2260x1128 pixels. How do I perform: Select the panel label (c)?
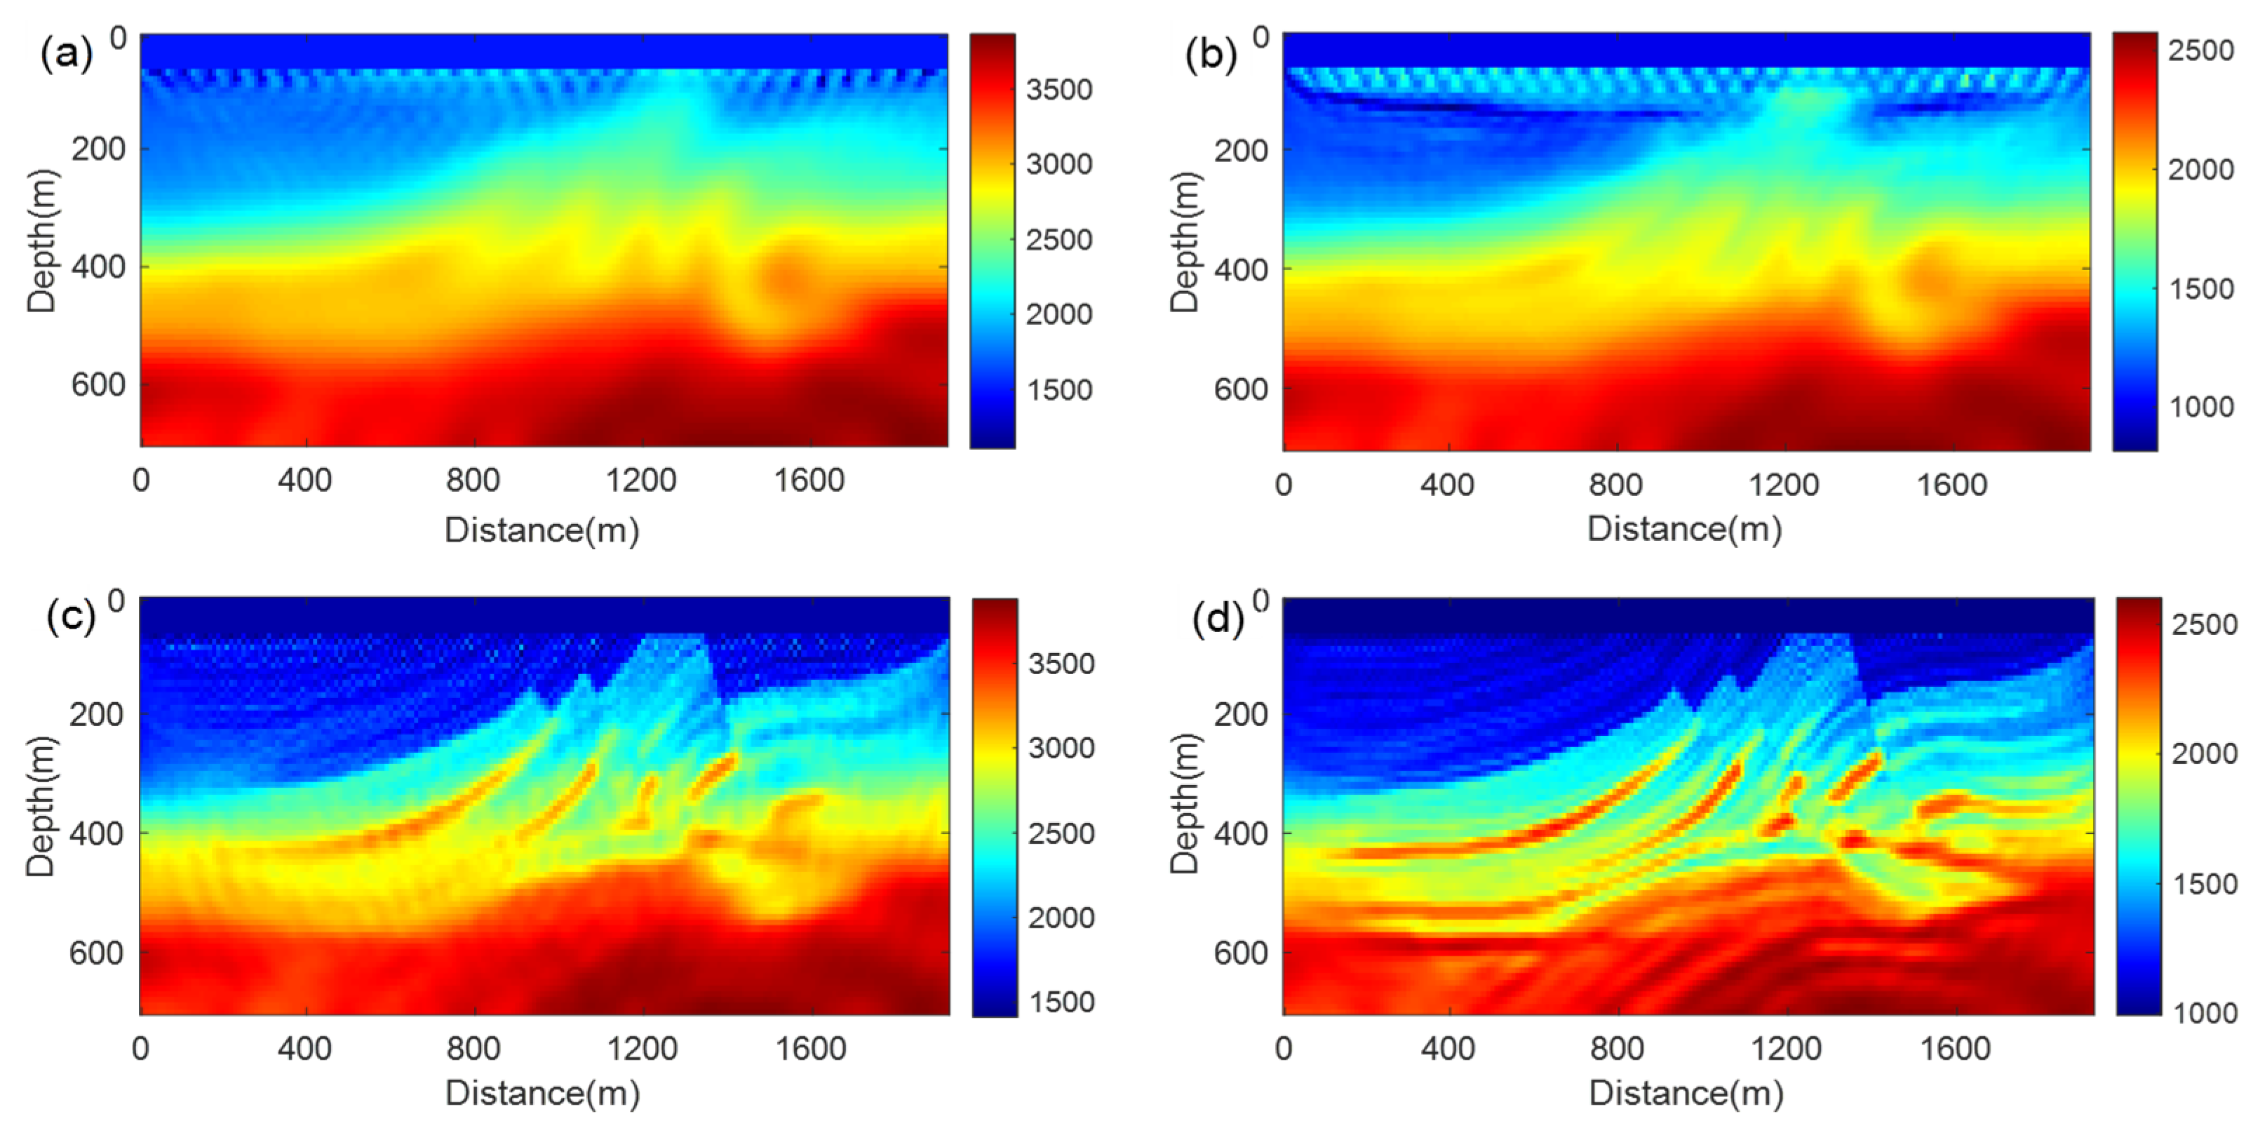tap(70, 617)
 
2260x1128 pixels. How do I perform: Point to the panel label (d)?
tap(1218, 619)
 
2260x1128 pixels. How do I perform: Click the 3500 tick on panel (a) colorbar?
tap(1059, 90)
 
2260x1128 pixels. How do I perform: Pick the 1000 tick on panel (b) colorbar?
tap(2200, 406)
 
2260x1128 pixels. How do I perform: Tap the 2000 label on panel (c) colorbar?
tap(1061, 918)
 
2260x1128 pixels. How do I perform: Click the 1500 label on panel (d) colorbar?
tap(2204, 884)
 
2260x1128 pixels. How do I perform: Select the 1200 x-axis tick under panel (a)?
tap(640, 481)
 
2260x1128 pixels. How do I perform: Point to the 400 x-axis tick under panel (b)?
tap(1447, 485)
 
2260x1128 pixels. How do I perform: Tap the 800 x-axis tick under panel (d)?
tap(1616, 1048)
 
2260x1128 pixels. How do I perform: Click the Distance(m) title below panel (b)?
tap(1684, 529)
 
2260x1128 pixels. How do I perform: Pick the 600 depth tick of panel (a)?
tap(98, 384)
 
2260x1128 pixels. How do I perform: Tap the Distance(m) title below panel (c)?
tap(542, 1093)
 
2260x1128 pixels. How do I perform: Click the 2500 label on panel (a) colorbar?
tap(1059, 239)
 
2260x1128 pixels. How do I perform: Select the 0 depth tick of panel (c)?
tap(116, 601)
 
